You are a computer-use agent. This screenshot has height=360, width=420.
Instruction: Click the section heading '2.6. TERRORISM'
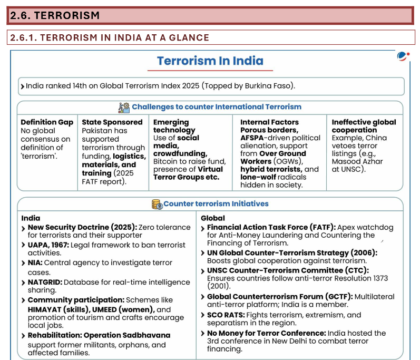(55, 15)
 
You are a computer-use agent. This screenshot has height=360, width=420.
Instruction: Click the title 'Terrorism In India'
(210, 61)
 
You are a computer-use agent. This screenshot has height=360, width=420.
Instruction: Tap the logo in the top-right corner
(403, 56)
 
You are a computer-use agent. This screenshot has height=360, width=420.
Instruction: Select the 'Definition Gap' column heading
(47, 122)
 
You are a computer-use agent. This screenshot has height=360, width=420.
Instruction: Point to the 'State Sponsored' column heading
(112, 122)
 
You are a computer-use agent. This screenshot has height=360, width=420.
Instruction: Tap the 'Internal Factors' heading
(269, 122)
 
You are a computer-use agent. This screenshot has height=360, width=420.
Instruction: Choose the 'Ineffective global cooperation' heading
(363, 126)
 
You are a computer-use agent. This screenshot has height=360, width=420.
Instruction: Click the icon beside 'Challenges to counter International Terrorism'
(124, 107)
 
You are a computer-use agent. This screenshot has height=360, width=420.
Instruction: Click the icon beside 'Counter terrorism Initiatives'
(157, 204)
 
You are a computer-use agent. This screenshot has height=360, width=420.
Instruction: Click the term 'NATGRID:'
(45, 283)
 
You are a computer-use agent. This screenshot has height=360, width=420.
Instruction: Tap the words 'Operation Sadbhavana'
(127, 335)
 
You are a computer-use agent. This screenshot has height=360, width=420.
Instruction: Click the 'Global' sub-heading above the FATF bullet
(213, 218)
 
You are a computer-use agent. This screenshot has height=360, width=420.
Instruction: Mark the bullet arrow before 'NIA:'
(24, 262)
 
